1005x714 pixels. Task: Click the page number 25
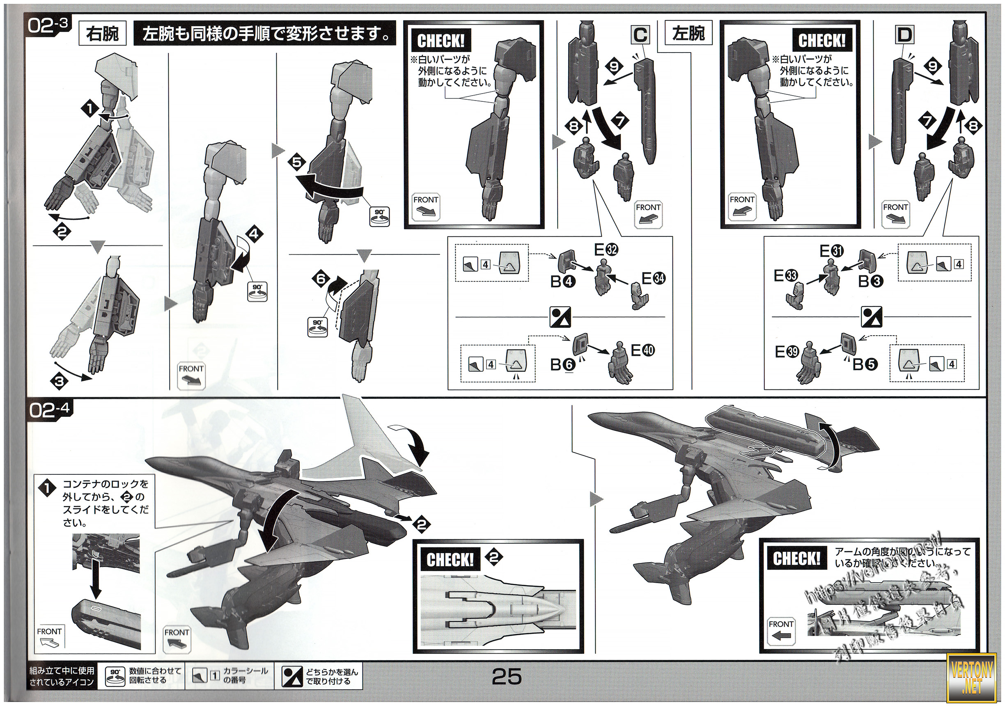point(507,677)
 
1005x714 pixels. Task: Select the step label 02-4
point(49,410)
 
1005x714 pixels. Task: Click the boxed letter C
point(640,34)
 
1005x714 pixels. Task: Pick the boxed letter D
point(904,34)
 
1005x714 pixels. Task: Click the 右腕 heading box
point(102,34)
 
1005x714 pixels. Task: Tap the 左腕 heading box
point(688,34)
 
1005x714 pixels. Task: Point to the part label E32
point(606,250)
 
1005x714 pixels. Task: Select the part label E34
point(654,278)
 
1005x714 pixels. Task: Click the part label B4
point(562,281)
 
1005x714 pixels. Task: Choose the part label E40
point(642,350)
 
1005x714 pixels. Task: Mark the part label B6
point(562,364)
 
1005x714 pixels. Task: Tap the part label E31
point(831,251)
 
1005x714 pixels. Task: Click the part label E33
point(785,276)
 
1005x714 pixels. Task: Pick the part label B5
point(865,364)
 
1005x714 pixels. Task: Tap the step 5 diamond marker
point(297,162)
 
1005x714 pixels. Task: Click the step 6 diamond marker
point(321,279)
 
